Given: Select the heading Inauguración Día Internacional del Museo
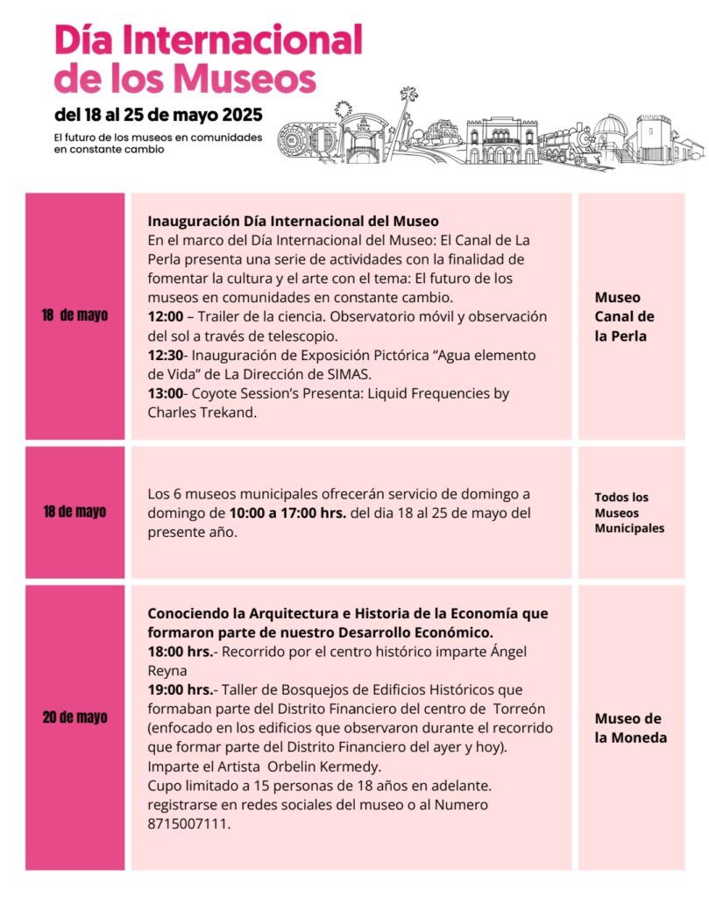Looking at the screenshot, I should coord(293,221).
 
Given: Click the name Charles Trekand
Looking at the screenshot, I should coord(202,412).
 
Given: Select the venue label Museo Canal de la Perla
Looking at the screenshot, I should coord(624,316).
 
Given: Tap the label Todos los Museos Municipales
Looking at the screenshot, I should coord(628,512).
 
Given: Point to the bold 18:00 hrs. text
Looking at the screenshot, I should coord(181,652).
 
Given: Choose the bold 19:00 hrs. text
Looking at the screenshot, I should coord(181,689).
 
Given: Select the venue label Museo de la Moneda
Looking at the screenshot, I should coord(630,728).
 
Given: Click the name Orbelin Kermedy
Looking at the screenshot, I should coord(309,766).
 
